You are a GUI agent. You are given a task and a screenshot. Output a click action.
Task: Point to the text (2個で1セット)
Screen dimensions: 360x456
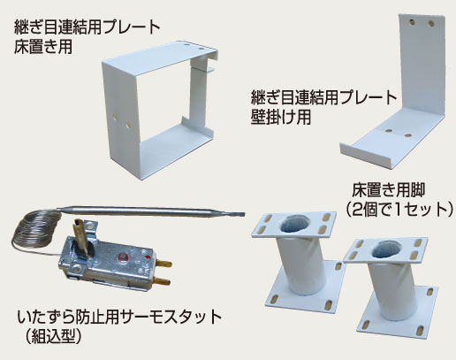398,209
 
